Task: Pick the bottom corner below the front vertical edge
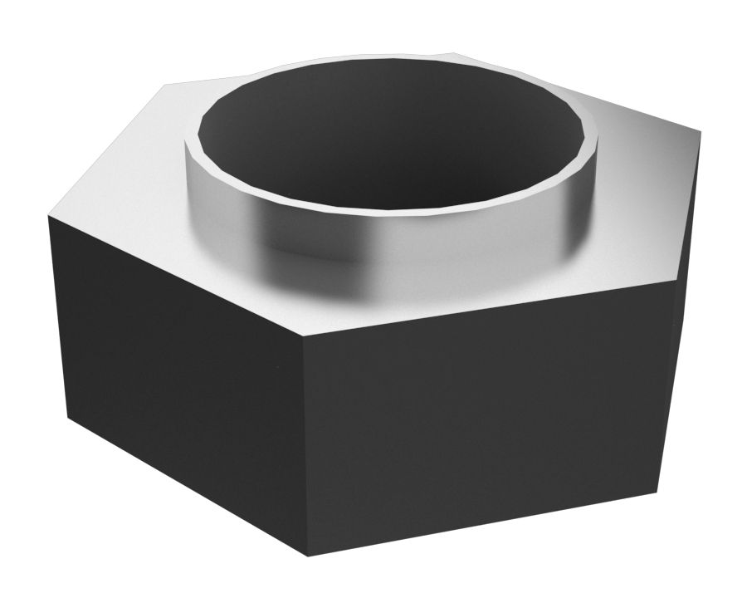[308, 556]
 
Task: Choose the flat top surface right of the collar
[639, 191]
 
